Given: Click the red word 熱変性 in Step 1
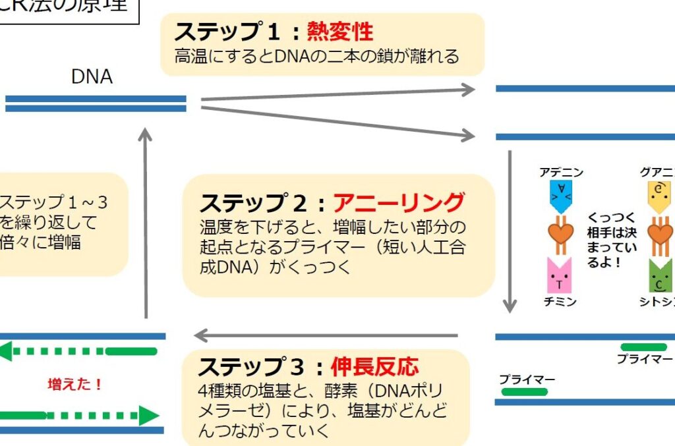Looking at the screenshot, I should pyautogui.click(x=340, y=31).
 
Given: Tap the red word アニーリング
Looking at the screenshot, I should pyautogui.click(x=399, y=202).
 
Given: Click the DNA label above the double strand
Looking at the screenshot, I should pyautogui.click(x=92, y=77).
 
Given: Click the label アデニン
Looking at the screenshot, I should pyautogui.click(x=561, y=173).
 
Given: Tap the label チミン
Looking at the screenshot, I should pyautogui.click(x=561, y=302).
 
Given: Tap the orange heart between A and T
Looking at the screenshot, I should pyautogui.click(x=561, y=233).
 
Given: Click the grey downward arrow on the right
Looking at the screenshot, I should pyautogui.click(x=510, y=231).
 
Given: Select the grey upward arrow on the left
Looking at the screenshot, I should pyautogui.click(x=146, y=224).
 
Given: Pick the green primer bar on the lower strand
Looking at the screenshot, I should pyautogui.click(x=524, y=392).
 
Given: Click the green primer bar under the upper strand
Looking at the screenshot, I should pyautogui.click(x=643, y=347).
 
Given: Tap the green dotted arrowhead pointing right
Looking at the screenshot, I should pyautogui.click(x=149, y=416).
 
